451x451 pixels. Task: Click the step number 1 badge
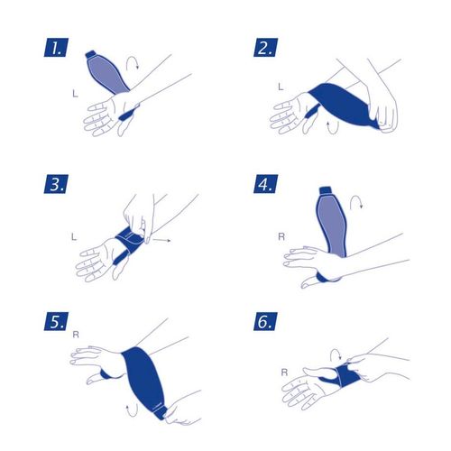[x=56, y=48]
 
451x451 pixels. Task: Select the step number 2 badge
[x=265, y=48]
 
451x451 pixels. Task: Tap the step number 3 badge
[x=56, y=184]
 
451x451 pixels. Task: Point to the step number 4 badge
[x=265, y=184]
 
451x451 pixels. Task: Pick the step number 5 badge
[x=56, y=321]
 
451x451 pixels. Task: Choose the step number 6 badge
[x=265, y=321]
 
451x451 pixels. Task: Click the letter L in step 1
[x=75, y=94]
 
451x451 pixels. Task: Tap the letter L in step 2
[x=281, y=87]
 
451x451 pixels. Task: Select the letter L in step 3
[x=74, y=237]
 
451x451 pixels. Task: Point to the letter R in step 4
[x=281, y=237]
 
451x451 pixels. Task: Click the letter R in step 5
[x=76, y=335]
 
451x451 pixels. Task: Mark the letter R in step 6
[x=284, y=373]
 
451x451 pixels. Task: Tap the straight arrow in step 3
[x=161, y=240]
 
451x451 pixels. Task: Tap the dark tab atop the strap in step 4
[x=326, y=190]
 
